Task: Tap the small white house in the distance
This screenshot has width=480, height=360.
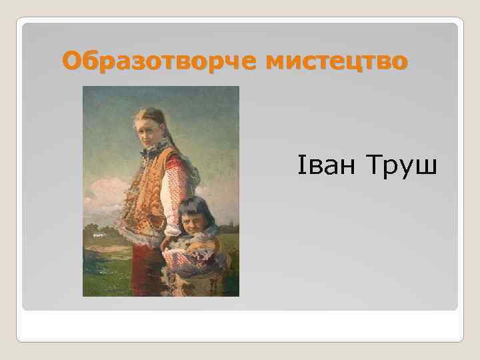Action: (x=100, y=235)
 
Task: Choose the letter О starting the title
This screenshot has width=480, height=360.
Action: (x=71, y=62)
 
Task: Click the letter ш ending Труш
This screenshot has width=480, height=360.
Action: (x=427, y=167)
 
